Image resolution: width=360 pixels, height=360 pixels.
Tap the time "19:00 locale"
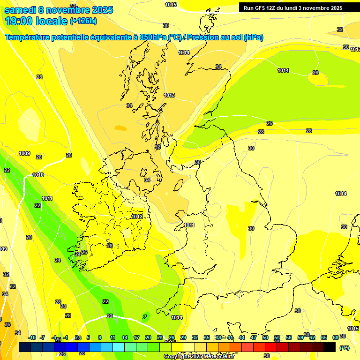tap(36, 21)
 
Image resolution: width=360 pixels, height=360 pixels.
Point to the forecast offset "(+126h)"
tap(83, 21)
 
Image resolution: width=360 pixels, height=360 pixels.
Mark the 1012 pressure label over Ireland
tap(137, 217)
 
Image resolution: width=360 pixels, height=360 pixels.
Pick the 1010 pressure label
tap(38, 175)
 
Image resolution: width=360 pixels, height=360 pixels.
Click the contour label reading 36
tap(7, 324)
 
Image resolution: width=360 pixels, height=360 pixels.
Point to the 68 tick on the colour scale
tap(336, 337)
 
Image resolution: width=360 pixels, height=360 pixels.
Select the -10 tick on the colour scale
tap(32, 337)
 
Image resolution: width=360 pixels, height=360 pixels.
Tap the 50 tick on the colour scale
tap(265, 337)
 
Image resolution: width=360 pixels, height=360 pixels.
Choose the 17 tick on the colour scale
tap(136, 337)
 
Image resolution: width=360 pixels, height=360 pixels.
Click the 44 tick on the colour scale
tap(242, 337)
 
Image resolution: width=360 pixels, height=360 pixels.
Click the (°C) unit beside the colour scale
tap(345, 348)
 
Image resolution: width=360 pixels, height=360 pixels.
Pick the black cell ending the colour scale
tap(330, 347)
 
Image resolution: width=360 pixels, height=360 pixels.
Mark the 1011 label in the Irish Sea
tap(189, 225)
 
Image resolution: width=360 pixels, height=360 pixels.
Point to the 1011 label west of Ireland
tap(47, 198)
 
